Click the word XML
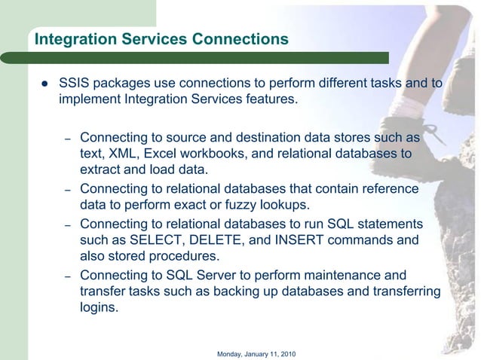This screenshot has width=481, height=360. [125, 154]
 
